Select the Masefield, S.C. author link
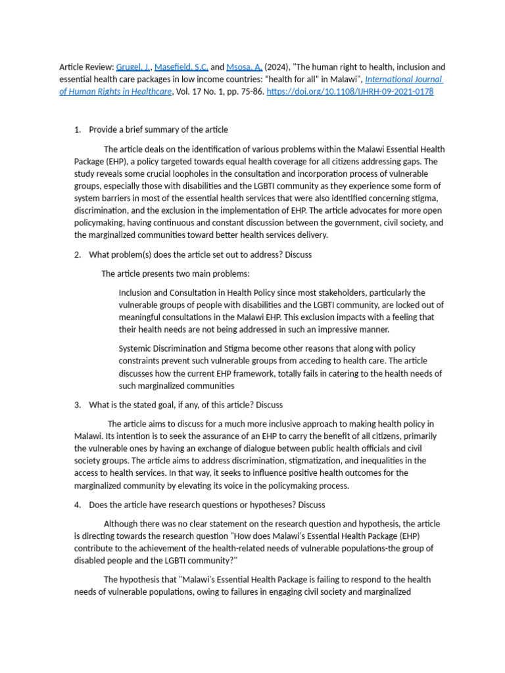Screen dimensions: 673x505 pyautogui.click(x=181, y=67)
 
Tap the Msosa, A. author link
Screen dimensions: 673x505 pyautogui.click(x=245, y=67)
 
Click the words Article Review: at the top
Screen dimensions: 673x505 pyautogui.click(x=86, y=67)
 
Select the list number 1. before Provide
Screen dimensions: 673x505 pyautogui.click(x=78, y=129)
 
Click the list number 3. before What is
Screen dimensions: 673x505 pyautogui.click(x=78, y=405)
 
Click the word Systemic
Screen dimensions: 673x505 pyautogui.click(x=137, y=348)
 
